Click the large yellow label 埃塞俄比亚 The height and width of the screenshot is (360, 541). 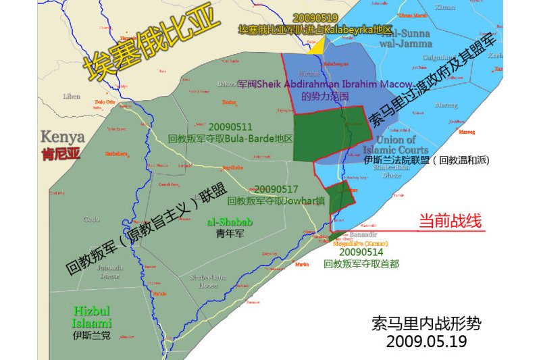(152, 45)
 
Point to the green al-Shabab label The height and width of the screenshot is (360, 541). (230, 222)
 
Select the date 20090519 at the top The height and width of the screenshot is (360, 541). (315, 18)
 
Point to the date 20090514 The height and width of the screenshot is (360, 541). (362, 251)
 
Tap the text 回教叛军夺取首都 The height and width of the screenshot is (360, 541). (362, 263)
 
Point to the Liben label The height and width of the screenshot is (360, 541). (72, 96)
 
